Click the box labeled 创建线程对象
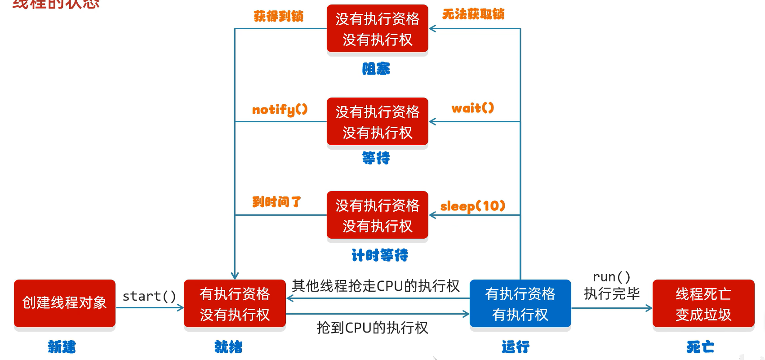click(x=65, y=303)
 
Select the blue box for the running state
click(x=520, y=303)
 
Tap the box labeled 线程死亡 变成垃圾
click(x=703, y=303)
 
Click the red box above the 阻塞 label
click(x=377, y=29)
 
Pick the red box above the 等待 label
click(x=377, y=122)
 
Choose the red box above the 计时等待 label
click(x=377, y=215)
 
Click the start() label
click(x=149, y=296)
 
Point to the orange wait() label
click(x=473, y=108)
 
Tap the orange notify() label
click(x=280, y=109)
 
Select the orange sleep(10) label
click(x=473, y=206)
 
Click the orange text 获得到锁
click(x=279, y=17)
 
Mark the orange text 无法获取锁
click(x=473, y=14)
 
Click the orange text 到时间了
click(x=276, y=202)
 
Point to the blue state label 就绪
click(x=228, y=347)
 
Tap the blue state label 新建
click(x=62, y=347)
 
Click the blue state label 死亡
click(x=700, y=347)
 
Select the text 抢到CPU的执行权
click(x=372, y=328)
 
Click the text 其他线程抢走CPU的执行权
click(x=376, y=286)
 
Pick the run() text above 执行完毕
click(x=611, y=277)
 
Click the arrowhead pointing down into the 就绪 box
click(x=235, y=275)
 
